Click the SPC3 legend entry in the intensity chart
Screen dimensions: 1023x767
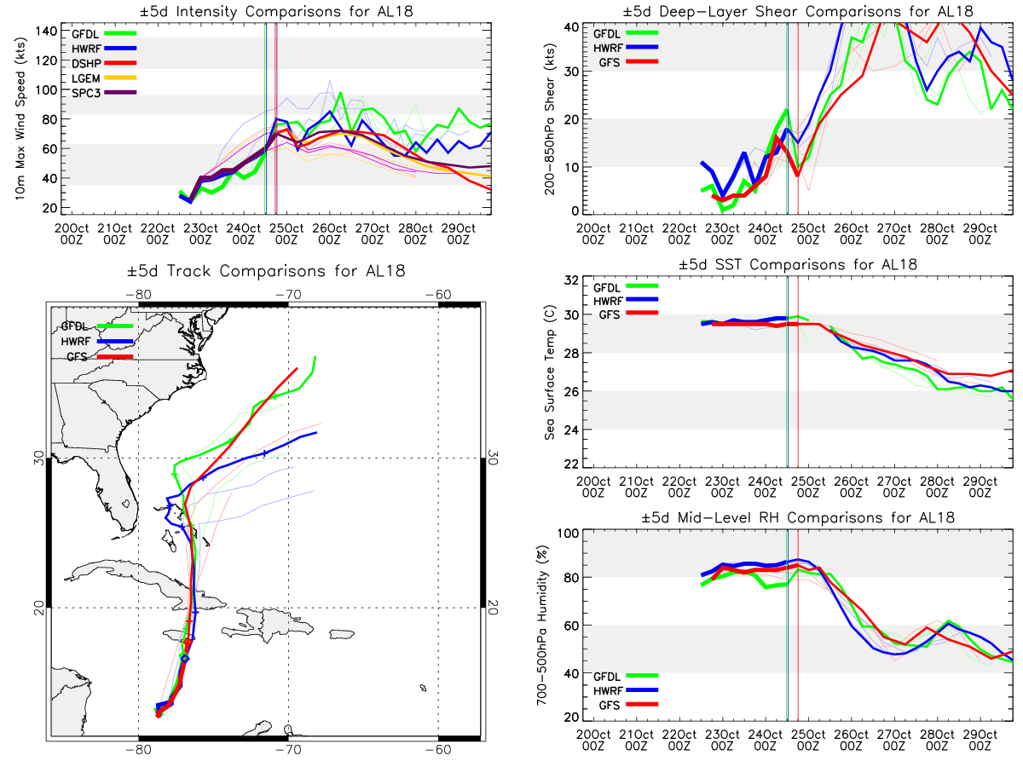tap(103, 93)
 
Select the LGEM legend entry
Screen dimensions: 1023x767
tap(103, 78)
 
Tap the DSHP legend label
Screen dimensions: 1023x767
tap(86, 63)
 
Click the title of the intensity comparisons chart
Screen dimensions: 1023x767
tap(276, 11)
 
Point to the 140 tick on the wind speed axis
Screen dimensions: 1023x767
tap(46, 32)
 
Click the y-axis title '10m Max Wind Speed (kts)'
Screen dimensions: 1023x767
tap(20, 118)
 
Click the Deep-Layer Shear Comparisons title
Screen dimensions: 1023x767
tap(798, 11)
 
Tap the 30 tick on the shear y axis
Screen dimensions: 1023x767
tap(571, 72)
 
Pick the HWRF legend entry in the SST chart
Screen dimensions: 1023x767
tap(625, 301)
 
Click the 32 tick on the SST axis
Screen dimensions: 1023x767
tap(571, 280)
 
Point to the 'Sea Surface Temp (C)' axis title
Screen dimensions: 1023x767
tap(550, 372)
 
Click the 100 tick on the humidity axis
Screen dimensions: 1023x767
tap(568, 533)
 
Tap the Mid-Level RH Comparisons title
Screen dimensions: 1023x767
tap(798, 517)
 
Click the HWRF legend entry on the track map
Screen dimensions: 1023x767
tap(97, 342)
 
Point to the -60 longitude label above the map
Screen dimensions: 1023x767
tap(438, 294)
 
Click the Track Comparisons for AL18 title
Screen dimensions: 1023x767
tap(266, 270)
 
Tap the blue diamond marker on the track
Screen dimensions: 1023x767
tap(185, 659)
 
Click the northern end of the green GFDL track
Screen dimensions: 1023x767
tap(315, 357)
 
